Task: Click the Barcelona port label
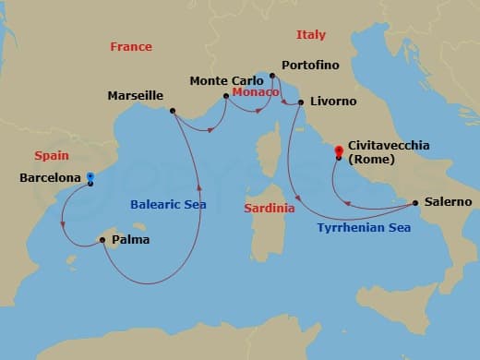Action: (49, 178)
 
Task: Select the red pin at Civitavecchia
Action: (339, 150)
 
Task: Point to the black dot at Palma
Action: (101, 241)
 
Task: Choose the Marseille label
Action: (136, 95)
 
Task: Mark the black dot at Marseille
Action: (173, 111)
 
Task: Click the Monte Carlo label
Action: (222, 80)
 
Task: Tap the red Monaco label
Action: (251, 93)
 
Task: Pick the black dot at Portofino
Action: (271, 77)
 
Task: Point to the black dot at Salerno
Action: (415, 202)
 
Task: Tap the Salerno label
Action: (449, 201)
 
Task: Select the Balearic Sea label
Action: (168, 204)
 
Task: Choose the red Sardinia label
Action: (270, 209)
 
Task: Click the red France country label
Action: (130, 46)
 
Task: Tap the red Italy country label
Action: (310, 35)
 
